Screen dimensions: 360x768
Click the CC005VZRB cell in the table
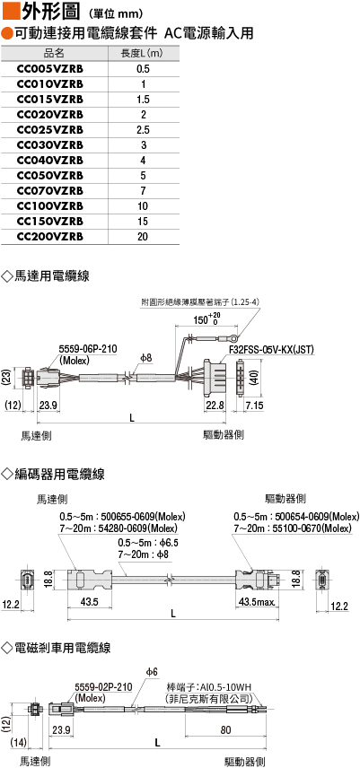point(49,69)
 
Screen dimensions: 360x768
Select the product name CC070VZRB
point(49,190)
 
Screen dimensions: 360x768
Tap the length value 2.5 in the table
point(143,130)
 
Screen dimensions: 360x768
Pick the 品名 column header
point(54,54)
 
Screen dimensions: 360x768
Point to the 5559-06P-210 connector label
point(88,349)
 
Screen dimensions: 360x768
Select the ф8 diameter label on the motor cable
point(146,359)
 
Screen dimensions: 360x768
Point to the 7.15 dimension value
point(254,405)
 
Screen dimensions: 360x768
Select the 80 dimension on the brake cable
point(224,729)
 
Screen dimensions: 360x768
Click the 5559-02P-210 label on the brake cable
point(103,687)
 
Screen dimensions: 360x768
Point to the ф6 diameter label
point(152,673)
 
